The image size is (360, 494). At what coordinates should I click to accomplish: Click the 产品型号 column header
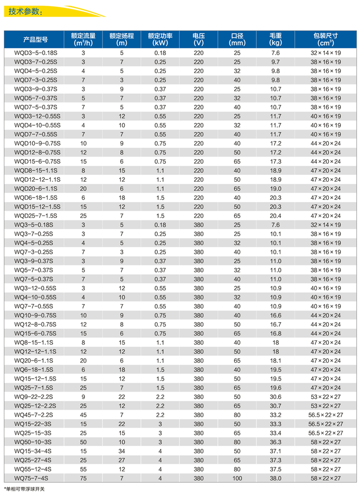[x=36, y=39]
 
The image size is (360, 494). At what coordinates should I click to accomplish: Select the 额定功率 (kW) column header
[x=160, y=39]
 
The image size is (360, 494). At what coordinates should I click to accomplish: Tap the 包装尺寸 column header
[x=325, y=39]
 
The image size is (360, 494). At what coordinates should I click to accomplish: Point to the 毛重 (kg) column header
[x=276, y=39]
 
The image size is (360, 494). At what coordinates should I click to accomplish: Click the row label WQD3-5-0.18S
[x=36, y=53]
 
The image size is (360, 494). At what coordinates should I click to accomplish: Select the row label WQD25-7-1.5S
[x=36, y=215]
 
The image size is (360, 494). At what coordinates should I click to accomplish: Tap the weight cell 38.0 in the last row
[x=276, y=478]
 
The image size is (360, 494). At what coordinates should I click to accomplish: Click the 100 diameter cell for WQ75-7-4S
[x=237, y=478]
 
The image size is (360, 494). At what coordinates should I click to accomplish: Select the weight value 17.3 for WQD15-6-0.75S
[x=276, y=161]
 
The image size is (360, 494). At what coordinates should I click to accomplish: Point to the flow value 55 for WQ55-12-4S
[x=83, y=469]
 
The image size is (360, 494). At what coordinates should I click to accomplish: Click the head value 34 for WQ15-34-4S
[x=121, y=451]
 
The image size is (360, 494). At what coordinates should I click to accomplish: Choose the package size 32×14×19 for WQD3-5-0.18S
[x=325, y=53]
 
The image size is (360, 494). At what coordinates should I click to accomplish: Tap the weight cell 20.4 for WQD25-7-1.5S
[x=276, y=215]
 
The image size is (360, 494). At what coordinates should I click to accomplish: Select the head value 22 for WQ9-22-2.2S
[x=121, y=397]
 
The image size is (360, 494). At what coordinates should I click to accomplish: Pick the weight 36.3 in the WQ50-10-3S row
[x=276, y=442]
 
